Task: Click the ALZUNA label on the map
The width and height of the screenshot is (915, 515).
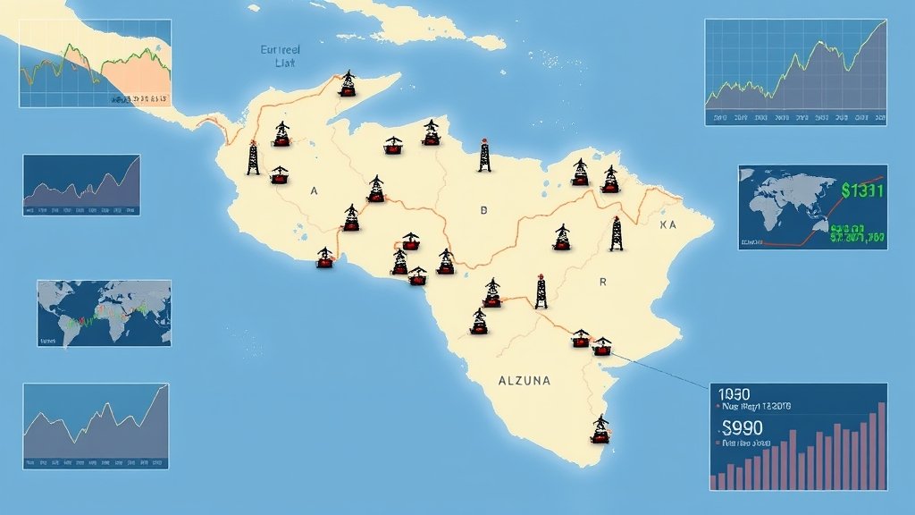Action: point(524,381)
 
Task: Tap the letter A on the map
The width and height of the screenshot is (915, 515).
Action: point(314,191)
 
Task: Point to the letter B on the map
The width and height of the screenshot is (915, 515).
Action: point(484,211)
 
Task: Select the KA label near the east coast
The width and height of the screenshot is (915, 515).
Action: point(668,225)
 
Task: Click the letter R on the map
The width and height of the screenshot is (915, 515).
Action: point(603,283)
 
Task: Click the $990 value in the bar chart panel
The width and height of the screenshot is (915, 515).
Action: point(742,426)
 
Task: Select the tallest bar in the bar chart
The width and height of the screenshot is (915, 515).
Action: point(882,445)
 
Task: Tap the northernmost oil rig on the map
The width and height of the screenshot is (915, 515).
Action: point(348,84)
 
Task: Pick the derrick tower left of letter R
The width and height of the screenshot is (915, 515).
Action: point(541,291)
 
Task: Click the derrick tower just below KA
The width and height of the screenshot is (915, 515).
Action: point(616,234)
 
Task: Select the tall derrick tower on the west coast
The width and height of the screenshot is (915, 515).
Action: point(253,158)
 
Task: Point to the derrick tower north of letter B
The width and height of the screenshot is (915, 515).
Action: point(484,155)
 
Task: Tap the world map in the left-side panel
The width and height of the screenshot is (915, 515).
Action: point(104,313)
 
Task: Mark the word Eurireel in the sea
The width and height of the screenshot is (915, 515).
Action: point(280,51)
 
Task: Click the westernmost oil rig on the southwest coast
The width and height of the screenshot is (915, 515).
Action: point(324,258)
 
